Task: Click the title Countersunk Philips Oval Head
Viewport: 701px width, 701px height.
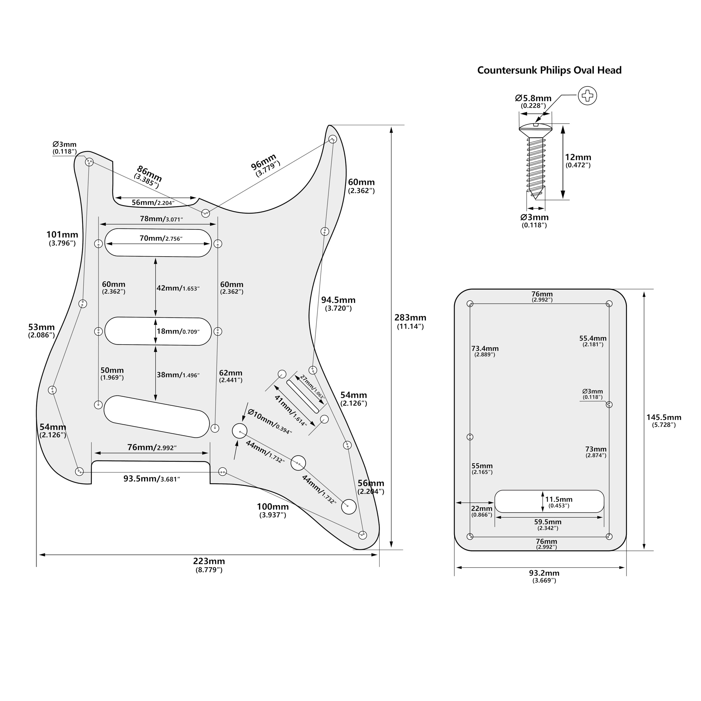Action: tap(549, 70)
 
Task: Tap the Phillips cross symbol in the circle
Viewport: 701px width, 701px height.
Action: tap(587, 96)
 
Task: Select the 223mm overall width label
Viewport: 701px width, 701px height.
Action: tap(209, 561)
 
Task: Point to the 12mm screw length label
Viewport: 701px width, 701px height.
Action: tap(578, 157)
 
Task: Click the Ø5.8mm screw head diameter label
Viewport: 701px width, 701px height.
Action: tap(533, 98)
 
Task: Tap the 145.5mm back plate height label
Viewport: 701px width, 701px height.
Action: tap(664, 417)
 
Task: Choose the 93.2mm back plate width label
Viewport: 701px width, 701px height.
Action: tap(544, 573)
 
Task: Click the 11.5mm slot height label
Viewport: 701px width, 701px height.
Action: tap(558, 499)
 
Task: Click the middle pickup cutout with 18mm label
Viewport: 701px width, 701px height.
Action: tap(123, 331)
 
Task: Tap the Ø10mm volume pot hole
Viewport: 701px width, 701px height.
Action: tap(240, 431)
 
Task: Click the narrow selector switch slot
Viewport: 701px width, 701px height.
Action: tap(303, 396)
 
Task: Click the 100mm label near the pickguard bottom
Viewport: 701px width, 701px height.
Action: tap(272, 507)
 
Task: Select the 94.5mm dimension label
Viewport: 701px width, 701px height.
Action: tap(338, 300)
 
